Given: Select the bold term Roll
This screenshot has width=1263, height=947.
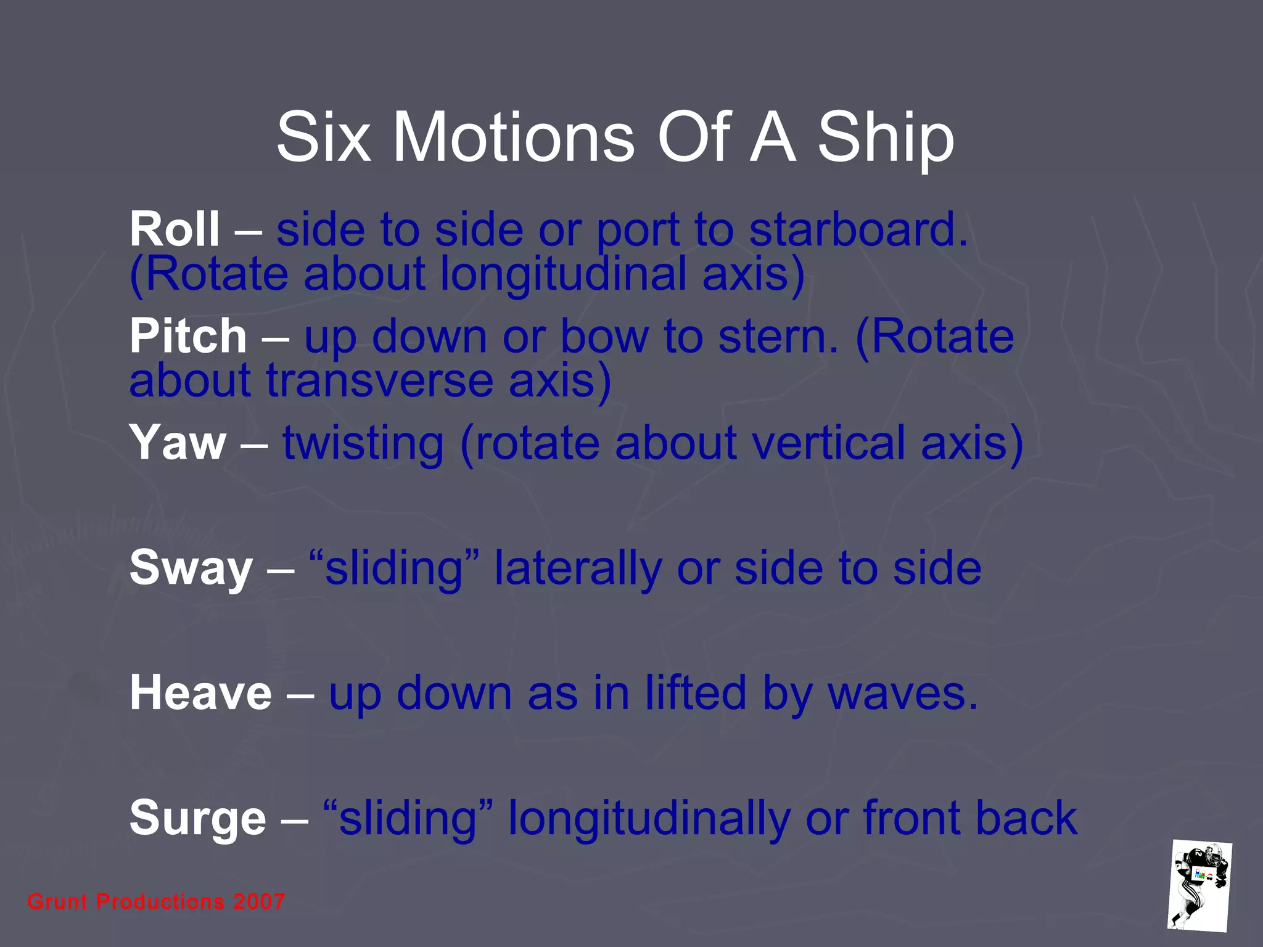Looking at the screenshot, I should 175,229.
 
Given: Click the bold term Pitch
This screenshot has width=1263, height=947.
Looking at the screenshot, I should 188,337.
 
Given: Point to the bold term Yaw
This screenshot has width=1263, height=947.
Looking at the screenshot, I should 178,443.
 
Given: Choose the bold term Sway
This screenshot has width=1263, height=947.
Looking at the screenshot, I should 191,568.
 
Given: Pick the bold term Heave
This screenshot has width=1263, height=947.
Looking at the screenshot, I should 200,693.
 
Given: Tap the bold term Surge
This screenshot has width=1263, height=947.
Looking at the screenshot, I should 197,819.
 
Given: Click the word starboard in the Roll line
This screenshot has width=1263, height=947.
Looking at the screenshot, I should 858,229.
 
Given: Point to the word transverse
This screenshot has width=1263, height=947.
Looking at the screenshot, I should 379,381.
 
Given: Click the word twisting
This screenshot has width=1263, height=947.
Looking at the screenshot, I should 363,444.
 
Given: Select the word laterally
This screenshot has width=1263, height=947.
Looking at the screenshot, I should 578,568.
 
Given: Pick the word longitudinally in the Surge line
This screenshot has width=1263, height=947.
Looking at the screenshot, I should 649,819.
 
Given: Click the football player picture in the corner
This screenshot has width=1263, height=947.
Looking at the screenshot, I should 1199,885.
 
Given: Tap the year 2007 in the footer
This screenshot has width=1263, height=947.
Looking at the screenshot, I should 259,902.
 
